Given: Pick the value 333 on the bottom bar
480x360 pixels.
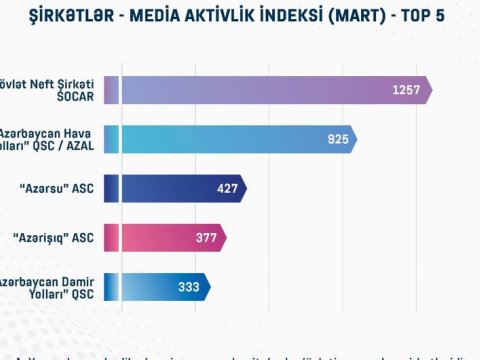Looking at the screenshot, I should (187, 286).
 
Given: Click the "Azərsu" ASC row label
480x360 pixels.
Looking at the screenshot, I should (51, 188).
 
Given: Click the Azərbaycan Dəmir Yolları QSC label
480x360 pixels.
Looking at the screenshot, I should (50, 286).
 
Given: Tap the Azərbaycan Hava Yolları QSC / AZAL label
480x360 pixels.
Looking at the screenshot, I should (54, 139).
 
